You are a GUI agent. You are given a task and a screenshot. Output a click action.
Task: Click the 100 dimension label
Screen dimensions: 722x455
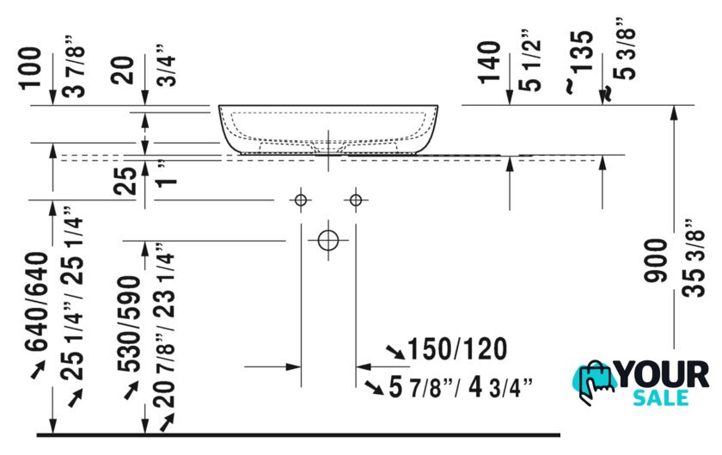[30, 67]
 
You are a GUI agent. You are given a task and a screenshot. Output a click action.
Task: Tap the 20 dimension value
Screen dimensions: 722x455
[122, 70]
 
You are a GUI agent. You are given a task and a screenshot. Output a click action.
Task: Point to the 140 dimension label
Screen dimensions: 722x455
[489, 62]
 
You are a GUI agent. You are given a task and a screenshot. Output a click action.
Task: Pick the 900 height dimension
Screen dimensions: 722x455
[656, 261]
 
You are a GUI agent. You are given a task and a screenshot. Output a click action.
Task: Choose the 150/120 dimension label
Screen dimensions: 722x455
[457, 349]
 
